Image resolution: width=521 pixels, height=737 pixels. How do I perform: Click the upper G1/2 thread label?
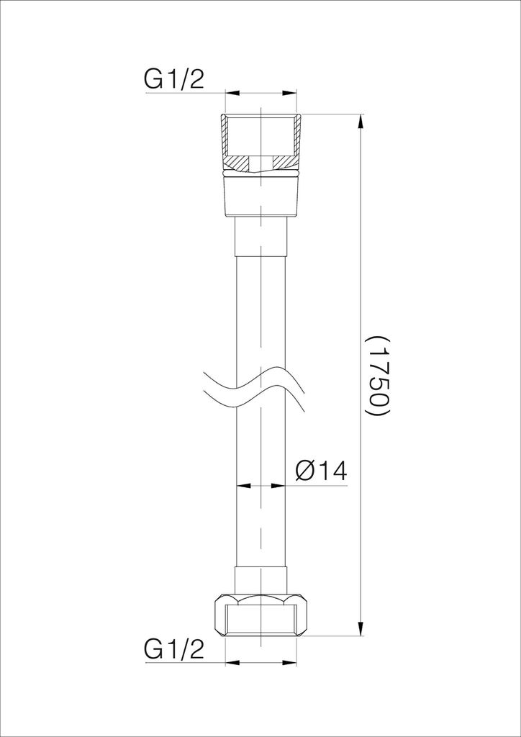tap(174, 80)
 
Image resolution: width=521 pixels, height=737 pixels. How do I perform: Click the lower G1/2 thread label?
tap(174, 651)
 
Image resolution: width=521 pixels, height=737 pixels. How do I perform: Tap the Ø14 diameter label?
tap(322, 471)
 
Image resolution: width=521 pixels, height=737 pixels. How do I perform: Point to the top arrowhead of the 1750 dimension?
tap(361, 121)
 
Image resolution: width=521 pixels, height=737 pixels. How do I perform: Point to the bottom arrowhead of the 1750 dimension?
tap(361, 629)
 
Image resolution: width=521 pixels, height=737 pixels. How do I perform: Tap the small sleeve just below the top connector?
tap(260, 236)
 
